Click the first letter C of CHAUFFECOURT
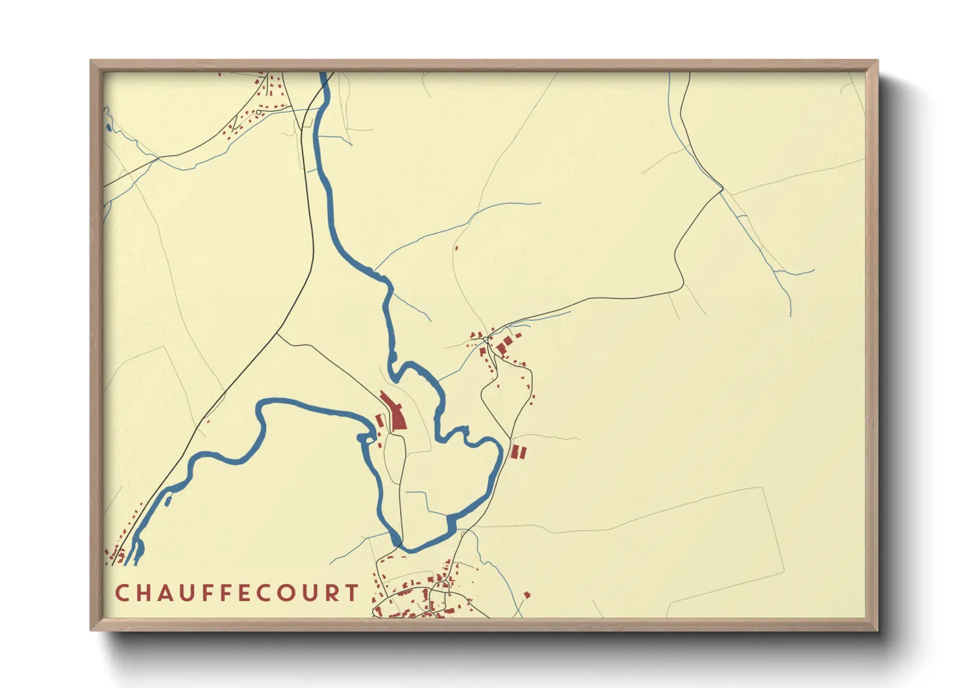(x=122, y=593)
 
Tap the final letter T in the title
(x=352, y=593)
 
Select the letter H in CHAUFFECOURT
(x=142, y=593)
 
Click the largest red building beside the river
(x=396, y=412)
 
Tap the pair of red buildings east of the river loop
(x=518, y=452)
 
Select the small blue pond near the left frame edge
(x=107, y=127)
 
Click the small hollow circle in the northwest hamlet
(x=259, y=112)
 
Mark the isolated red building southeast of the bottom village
(x=527, y=594)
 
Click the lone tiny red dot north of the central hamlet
(x=456, y=248)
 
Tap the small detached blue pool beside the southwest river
(x=169, y=500)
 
